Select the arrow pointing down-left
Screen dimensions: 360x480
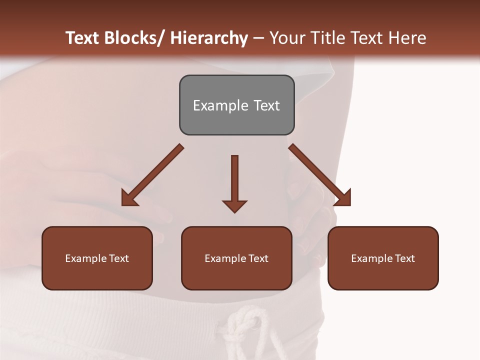pyautogui.click(x=152, y=175)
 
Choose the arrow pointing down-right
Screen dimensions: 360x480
pyautogui.click(x=320, y=175)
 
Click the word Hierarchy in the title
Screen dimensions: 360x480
pyautogui.click(x=209, y=38)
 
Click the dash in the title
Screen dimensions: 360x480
pyautogui.click(x=258, y=38)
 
